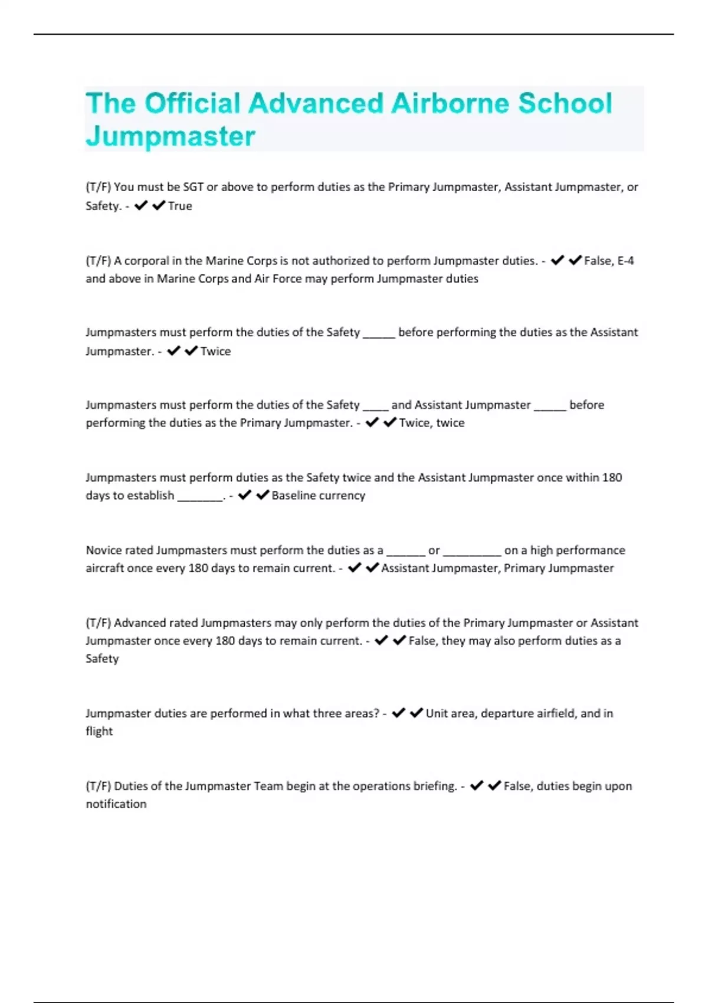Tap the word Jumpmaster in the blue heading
tap(171, 136)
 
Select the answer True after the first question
tap(180, 206)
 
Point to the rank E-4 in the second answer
tap(625, 261)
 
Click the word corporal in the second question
tap(146, 261)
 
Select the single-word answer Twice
tap(215, 351)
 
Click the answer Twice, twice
tap(431, 423)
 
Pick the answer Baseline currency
tap(318, 496)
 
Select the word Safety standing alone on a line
tap(102, 658)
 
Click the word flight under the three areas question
tap(99, 731)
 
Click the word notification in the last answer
tap(116, 804)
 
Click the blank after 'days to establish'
tap(199, 496)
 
